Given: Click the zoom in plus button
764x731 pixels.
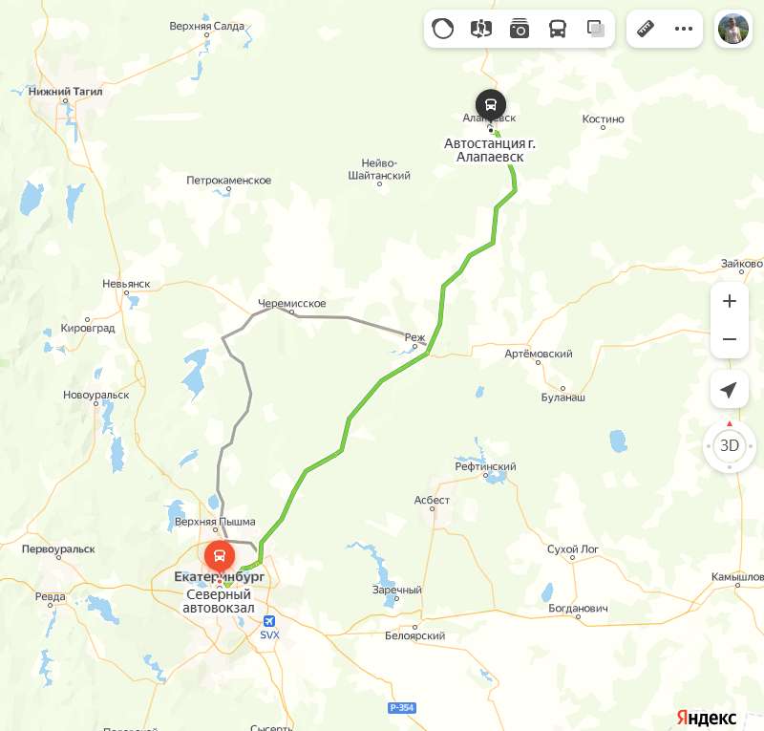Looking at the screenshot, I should [x=730, y=301].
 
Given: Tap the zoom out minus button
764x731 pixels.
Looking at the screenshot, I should [x=730, y=339].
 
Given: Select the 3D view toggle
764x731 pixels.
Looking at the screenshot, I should [x=730, y=445].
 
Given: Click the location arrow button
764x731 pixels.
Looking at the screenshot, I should [x=730, y=391].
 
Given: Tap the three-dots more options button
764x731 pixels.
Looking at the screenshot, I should [x=683, y=29].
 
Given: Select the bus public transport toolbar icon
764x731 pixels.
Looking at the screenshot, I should [x=558, y=29].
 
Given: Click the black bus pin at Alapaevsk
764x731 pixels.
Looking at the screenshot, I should [x=491, y=104].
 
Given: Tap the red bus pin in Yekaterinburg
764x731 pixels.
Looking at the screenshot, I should [x=219, y=555].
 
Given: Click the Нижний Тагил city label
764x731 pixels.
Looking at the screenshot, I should [x=66, y=92].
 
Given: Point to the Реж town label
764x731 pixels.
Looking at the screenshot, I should [x=414, y=337].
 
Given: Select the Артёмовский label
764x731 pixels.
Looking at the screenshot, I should [x=539, y=354].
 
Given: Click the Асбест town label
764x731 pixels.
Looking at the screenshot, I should [x=432, y=500].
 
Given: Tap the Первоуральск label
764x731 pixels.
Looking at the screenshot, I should [x=58, y=549].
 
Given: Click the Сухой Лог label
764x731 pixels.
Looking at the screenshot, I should [x=572, y=549].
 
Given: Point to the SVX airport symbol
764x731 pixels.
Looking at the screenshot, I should [x=269, y=620].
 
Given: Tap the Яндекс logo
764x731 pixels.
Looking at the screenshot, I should [x=707, y=718].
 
